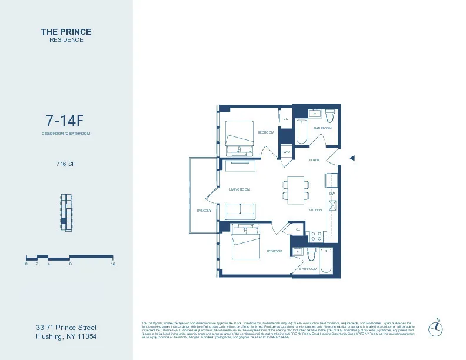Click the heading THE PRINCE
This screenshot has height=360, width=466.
(66, 31)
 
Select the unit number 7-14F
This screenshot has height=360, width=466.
(65, 121)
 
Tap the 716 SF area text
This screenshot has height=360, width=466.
(65, 164)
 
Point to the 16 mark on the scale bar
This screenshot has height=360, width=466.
(112, 264)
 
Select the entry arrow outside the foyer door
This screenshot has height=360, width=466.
(352, 158)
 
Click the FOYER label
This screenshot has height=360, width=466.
(314, 160)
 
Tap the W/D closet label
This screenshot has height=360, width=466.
(287, 152)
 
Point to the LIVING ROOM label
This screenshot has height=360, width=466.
(239, 189)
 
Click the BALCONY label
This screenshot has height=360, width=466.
(204, 210)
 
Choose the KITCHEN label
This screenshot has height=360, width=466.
(315, 210)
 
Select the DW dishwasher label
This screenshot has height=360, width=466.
(332, 193)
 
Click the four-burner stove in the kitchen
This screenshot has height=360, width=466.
(316, 236)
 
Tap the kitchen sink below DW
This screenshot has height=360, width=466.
(332, 206)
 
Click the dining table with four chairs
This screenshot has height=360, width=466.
(295, 189)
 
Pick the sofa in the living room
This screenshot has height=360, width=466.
(240, 211)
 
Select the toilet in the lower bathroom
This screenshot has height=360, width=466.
(311, 254)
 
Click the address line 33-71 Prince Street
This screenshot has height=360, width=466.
(66, 328)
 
